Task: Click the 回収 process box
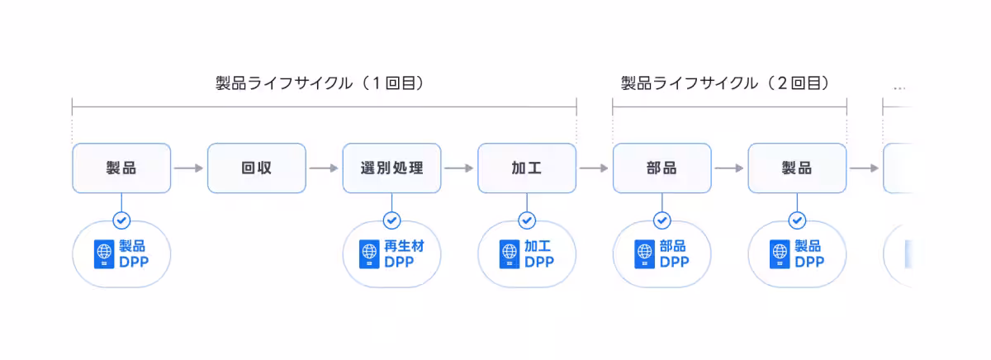pyautogui.click(x=256, y=168)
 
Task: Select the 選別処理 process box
pyautogui.click(x=391, y=168)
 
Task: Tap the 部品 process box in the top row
pyautogui.click(x=661, y=168)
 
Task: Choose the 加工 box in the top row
pyautogui.click(x=526, y=168)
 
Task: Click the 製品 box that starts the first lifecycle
pyautogui.click(x=121, y=168)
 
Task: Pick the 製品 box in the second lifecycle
pyautogui.click(x=797, y=168)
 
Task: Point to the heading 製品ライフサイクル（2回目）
pyautogui.click(x=725, y=83)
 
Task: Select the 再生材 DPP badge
pyautogui.click(x=391, y=254)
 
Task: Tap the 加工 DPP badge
pyautogui.click(x=526, y=254)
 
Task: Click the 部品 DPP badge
pyautogui.click(x=661, y=254)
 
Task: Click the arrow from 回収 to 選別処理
pyautogui.click(x=324, y=168)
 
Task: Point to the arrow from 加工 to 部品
pyautogui.click(x=594, y=168)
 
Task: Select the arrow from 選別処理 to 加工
pyautogui.click(x=459, y=168)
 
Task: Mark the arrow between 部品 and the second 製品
pyautogui.click(x=729, y=168)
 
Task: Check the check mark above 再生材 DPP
pyautogui.click(x=391, y=220)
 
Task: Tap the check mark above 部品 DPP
pyautogui.click(x=661, y=220)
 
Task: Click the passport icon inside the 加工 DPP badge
pyautogui.click(x=510, y=254)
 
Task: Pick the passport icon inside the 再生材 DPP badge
pyautogui.click(x=369, y=254)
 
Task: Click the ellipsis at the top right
pyautogui.click(x=899, y=87)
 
